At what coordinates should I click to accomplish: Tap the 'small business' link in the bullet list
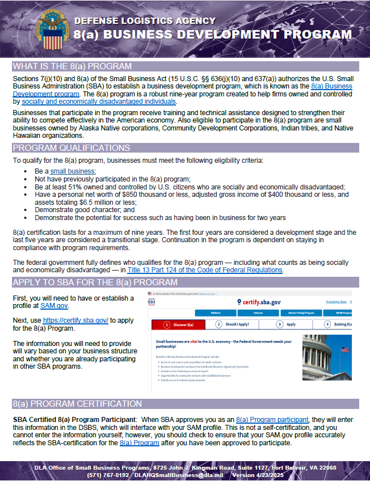point(73,171)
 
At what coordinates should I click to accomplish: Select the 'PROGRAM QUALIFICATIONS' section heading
point(72,148)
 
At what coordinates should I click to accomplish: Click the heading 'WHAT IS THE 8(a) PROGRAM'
point(72,66)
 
